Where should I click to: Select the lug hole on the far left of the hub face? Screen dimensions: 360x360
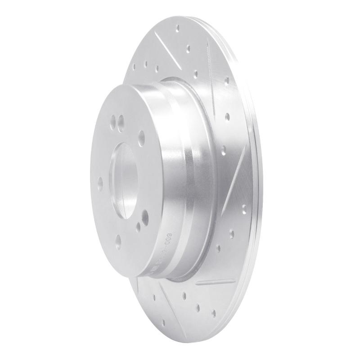click(x=100, y=182)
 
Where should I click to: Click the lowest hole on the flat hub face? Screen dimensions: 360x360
click(x=118, y=242)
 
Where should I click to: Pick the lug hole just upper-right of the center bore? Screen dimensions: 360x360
click(x=142, y=135)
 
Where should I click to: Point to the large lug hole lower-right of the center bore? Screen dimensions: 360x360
click(x=145, y=218)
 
